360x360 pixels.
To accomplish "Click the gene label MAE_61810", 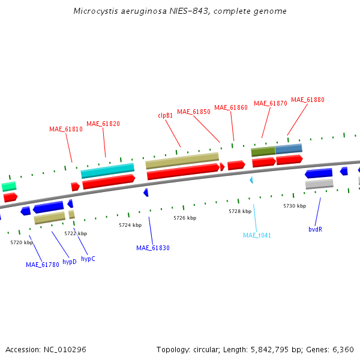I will click(66, 129).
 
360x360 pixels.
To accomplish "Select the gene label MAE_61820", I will click(103, 124).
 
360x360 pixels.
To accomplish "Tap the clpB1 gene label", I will click(166, 115).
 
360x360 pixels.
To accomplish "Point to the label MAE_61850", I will click(194, 112).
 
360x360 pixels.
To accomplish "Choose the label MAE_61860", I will click(231, 107).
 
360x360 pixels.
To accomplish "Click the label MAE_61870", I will click(271, 103).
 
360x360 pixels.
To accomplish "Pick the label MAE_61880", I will click(308, 100).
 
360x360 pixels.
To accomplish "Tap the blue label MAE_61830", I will click(153, 248).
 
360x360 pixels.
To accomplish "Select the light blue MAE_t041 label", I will click(257, 235).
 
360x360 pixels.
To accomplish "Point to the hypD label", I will click(70, 262).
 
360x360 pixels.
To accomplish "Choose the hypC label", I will click(88, 259).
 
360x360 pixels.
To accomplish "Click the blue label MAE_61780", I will click(43, 264).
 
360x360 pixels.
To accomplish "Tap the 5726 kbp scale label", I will click(185, 218).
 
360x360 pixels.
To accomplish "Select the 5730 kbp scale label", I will click(295, 206).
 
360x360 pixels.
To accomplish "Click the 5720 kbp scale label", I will click(22, 242).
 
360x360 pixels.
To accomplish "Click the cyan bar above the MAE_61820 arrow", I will click(107, 170).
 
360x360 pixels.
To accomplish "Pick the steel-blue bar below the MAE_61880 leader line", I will click(289, 148).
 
